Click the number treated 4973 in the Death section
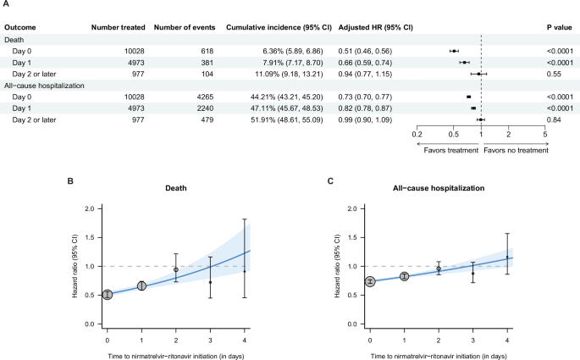pos(135,62)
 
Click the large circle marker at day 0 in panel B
pos(108,295)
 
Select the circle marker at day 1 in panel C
pos(405,276)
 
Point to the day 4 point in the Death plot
pos(245,271)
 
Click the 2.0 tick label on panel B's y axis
pos(87,208)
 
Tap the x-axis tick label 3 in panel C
pos(473,341)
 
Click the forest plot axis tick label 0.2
pos(417,135)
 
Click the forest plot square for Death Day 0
pos(454,51)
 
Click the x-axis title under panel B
pos(176,354)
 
